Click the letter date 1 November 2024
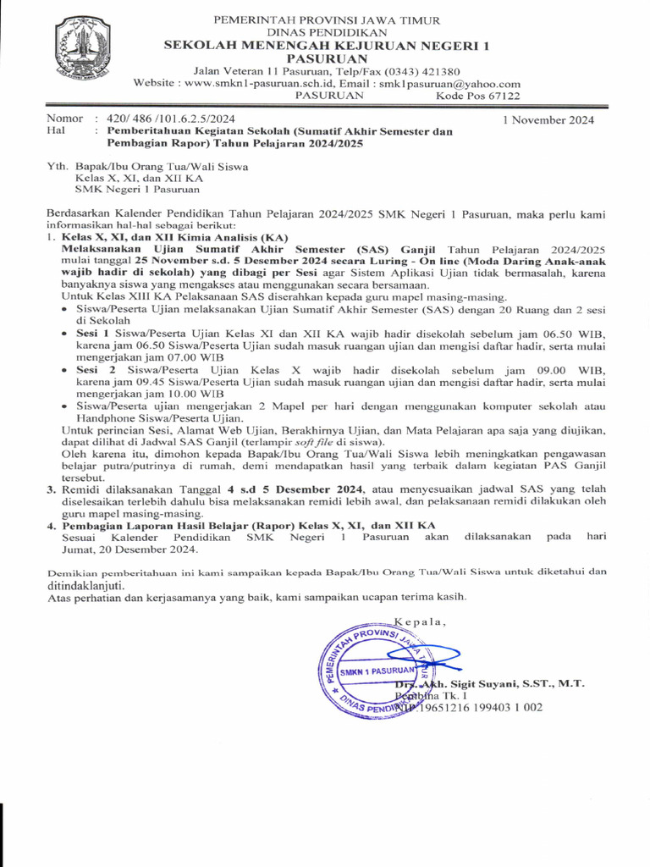click(548, 119)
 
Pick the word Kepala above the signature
click(420, 621)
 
